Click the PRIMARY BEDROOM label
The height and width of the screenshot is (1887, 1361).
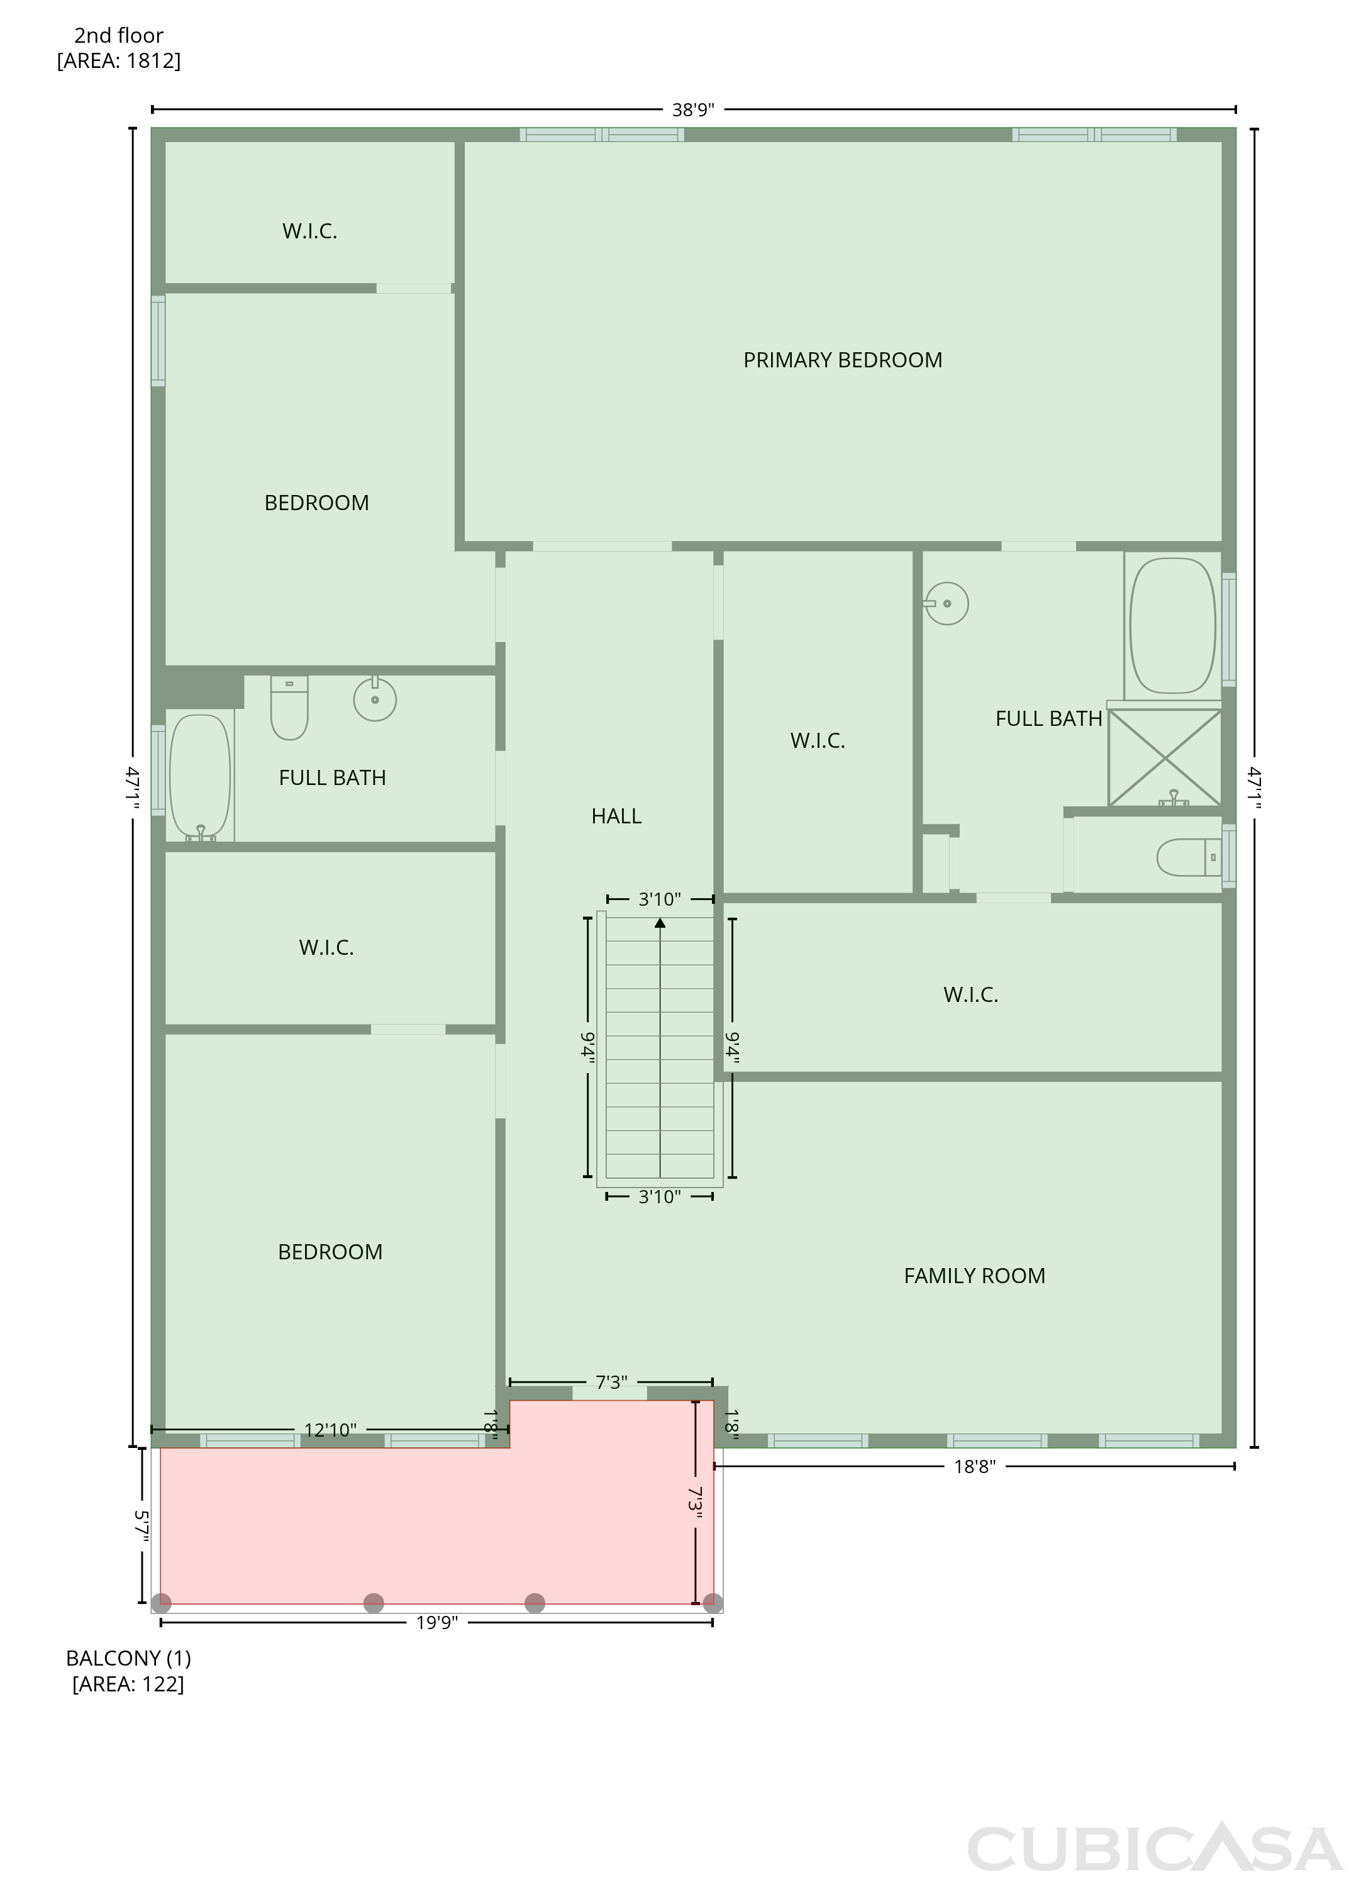coord(842,360)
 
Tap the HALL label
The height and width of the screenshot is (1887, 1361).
coord(616,816)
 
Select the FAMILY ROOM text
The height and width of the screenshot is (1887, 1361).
coord(974,1276)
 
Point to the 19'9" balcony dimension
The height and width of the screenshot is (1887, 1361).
coord(436,1622)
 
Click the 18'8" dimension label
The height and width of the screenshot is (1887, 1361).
coord(974,1466)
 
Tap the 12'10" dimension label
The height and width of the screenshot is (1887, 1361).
coord(330,1429)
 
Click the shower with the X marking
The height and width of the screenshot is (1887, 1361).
coord(1165,757)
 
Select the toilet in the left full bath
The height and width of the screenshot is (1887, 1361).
coord(289,707)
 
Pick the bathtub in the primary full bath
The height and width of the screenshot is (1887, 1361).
coord(1172,626)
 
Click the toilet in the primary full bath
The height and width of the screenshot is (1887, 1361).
coord(1189,857)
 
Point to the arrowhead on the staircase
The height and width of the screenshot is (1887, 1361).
coord(660,923)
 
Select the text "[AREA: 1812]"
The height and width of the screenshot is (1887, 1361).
coord(119,61)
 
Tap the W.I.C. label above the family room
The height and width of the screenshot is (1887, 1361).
coord(971,994)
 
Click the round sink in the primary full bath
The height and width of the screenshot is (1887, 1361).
coord(947,603)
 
